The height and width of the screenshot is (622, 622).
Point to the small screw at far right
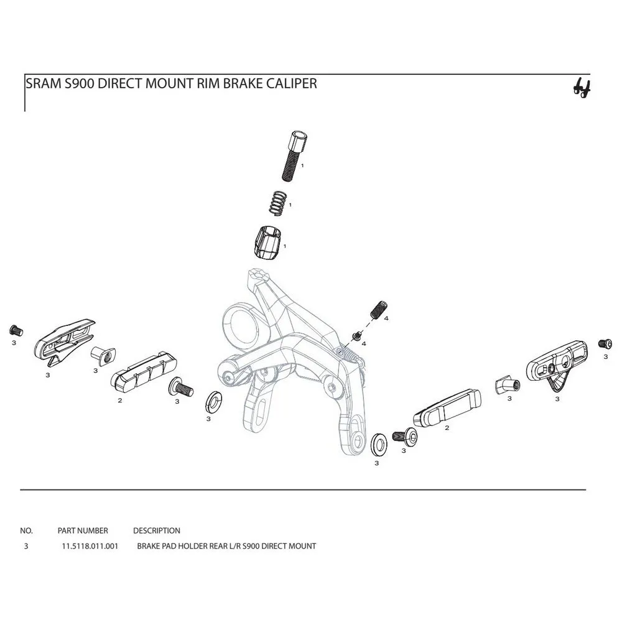(602, 343)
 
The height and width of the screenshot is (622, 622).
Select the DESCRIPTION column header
(156, 531)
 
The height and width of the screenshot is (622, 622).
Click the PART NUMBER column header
(83, 531)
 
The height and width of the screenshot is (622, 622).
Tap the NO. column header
(26, 531)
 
